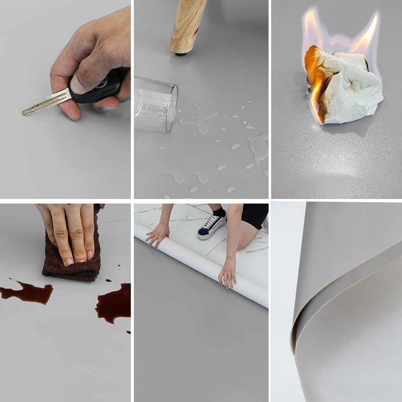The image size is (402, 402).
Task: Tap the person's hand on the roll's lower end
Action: pyautogui.click(x=227, y=274)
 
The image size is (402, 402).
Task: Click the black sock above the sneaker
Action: pyautogui.click(x=220, y=211)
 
